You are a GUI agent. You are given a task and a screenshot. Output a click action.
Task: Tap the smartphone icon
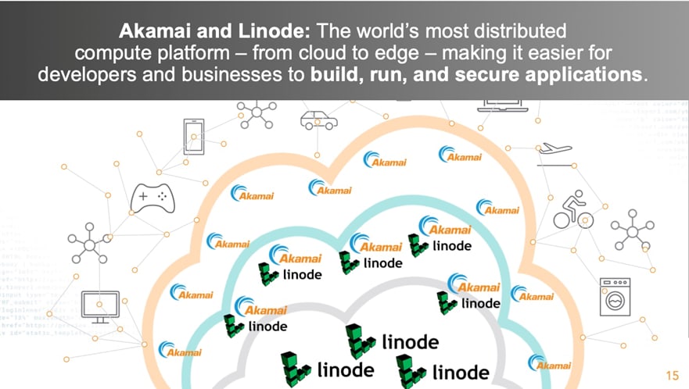(193, 134)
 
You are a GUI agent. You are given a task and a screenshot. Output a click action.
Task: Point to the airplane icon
(554, 149)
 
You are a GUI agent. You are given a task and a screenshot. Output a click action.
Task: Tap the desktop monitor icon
(100, 305)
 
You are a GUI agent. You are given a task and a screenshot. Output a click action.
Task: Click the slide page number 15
(671, 373)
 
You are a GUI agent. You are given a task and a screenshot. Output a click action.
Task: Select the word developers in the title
(86, 76)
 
